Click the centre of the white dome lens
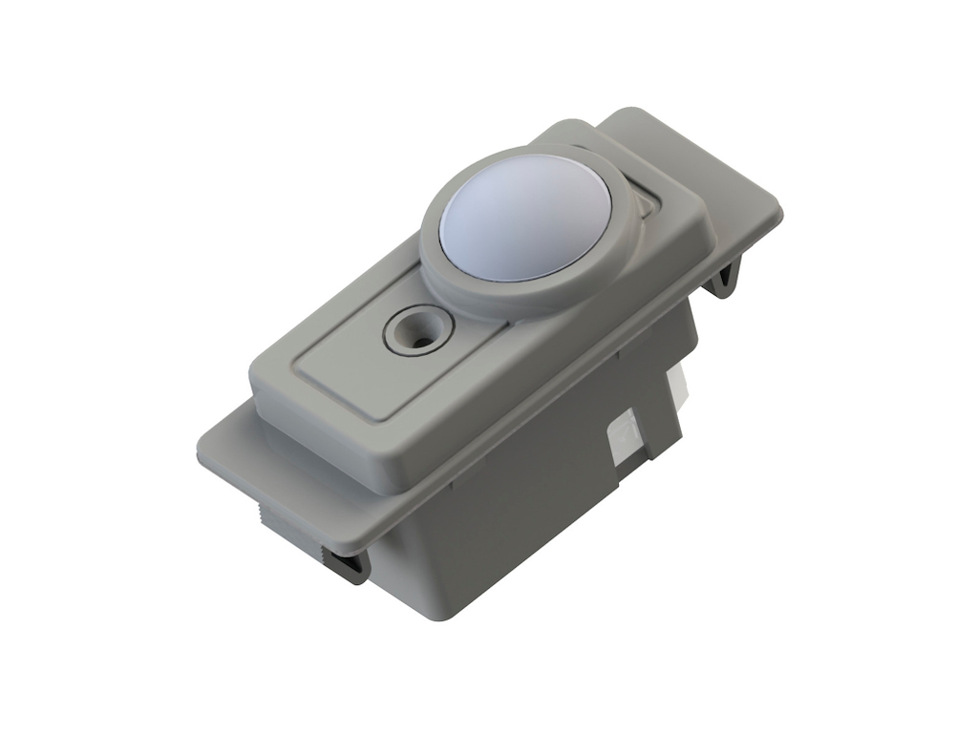pos(526,219)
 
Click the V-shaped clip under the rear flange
pos(726,280)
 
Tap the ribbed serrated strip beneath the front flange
pos(287,530)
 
